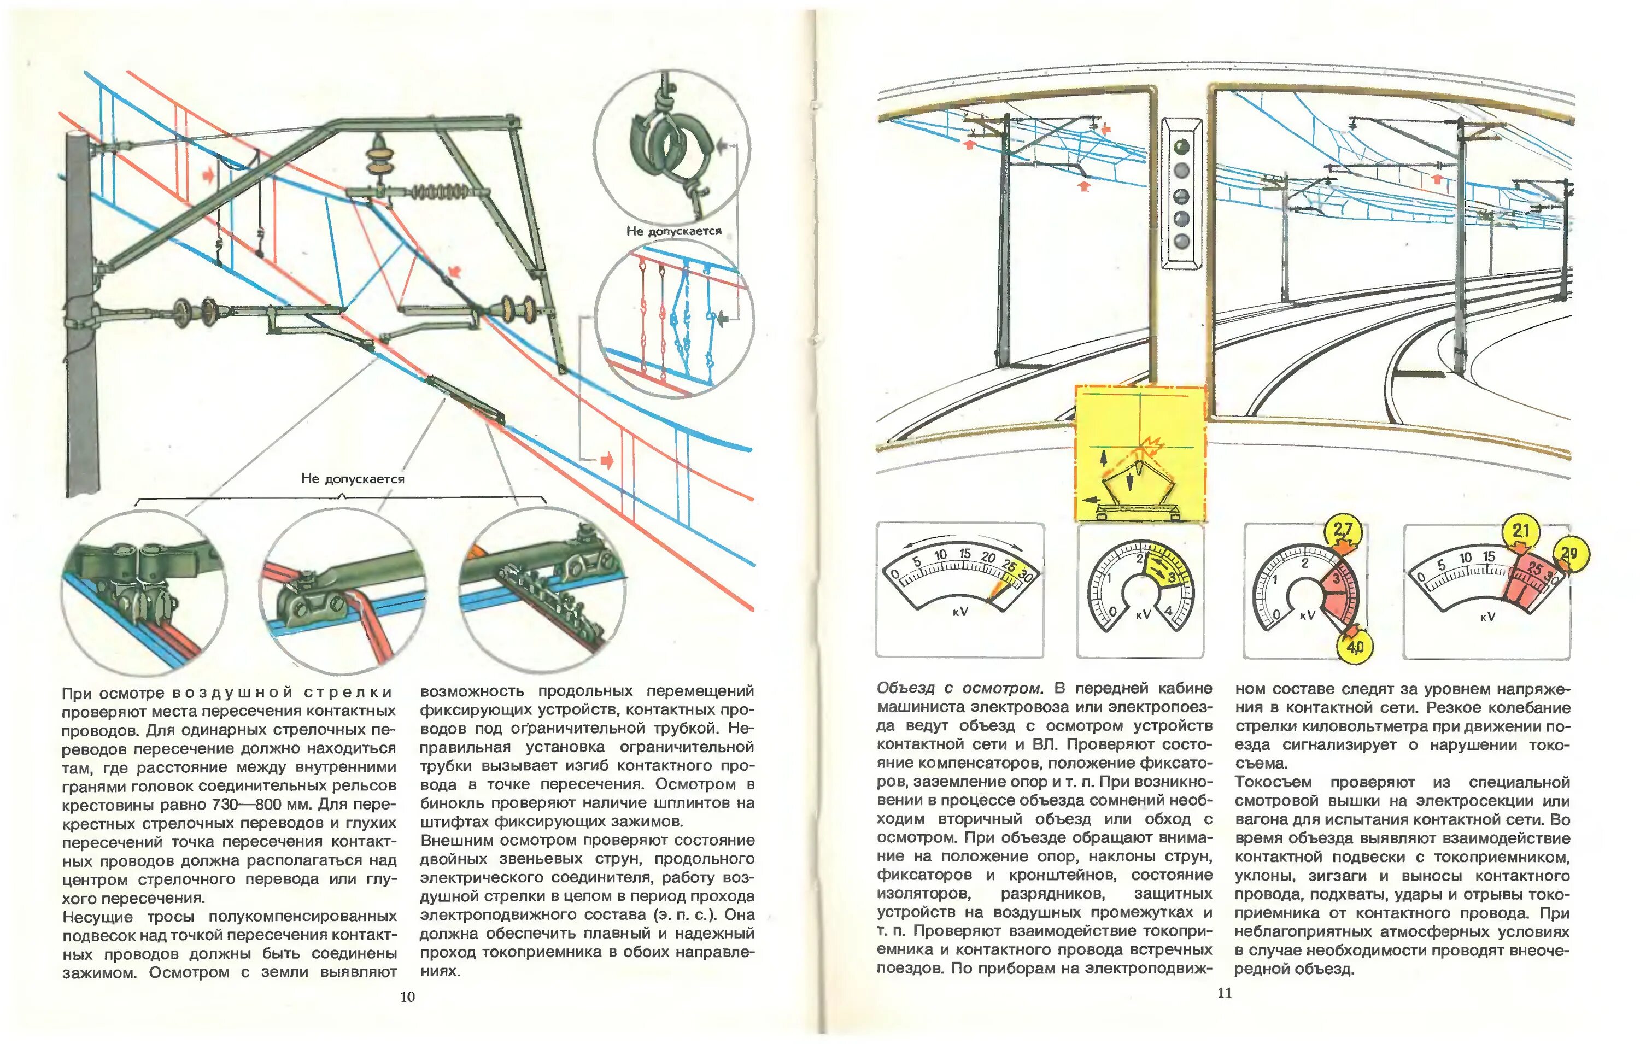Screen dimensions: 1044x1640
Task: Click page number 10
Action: (407, 997)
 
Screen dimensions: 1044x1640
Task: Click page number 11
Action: (1225, 993)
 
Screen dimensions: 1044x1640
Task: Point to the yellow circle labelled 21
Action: (1521, 531)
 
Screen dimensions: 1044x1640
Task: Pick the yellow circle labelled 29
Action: (1568, 553)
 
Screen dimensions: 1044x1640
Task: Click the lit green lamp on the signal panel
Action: (1182, 146)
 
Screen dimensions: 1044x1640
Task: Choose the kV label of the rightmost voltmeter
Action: (1488, 617)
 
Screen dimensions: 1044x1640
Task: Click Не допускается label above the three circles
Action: (353, 479)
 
